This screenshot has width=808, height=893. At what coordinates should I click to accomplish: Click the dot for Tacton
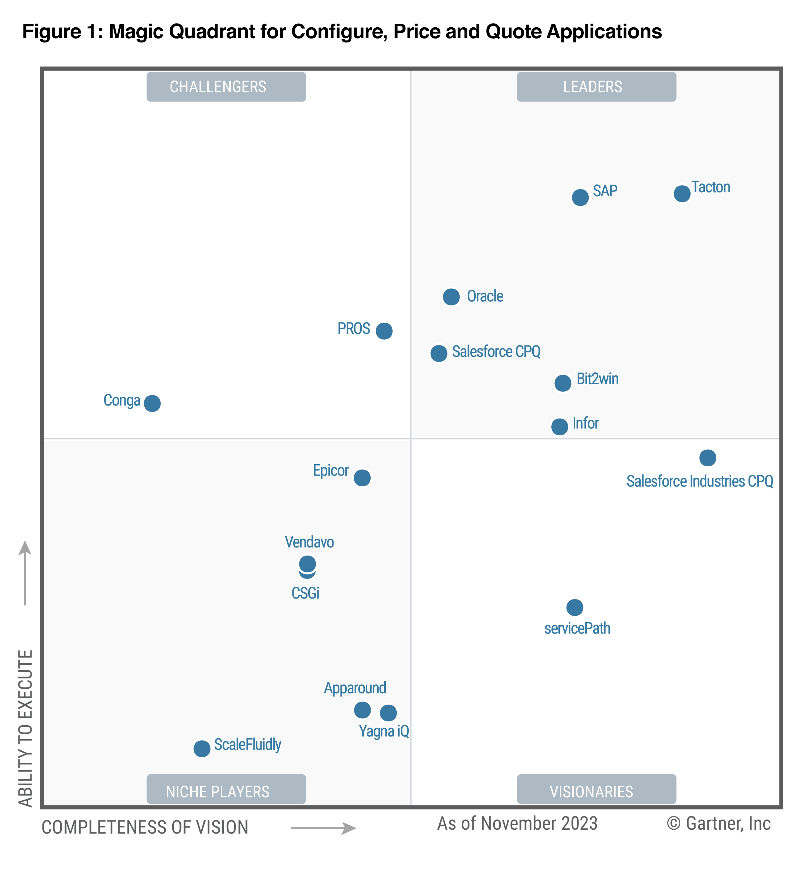(682, 194)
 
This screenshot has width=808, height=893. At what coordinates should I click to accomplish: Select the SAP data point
(580, 197)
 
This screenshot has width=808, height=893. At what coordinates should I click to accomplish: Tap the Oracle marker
(451, 297)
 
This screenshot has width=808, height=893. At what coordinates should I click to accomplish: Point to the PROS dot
(384, 331)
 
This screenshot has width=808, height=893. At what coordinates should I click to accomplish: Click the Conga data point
(152, 403)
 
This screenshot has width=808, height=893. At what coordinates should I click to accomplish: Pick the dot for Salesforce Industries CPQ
(707, 458)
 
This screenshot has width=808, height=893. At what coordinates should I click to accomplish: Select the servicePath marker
(575, 607)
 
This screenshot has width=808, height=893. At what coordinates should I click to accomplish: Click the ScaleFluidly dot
(202, 749)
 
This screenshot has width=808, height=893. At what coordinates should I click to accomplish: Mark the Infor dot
(559, 427)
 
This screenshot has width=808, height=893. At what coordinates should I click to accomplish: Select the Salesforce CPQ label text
(496, 352)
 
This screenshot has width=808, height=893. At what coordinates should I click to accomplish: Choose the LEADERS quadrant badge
(596, 87)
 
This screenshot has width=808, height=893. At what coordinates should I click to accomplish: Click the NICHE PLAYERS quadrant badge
(226, 791)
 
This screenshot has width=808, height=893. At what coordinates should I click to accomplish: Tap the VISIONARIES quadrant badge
(596, 791)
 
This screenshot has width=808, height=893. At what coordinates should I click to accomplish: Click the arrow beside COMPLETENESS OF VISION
(323, 828)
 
